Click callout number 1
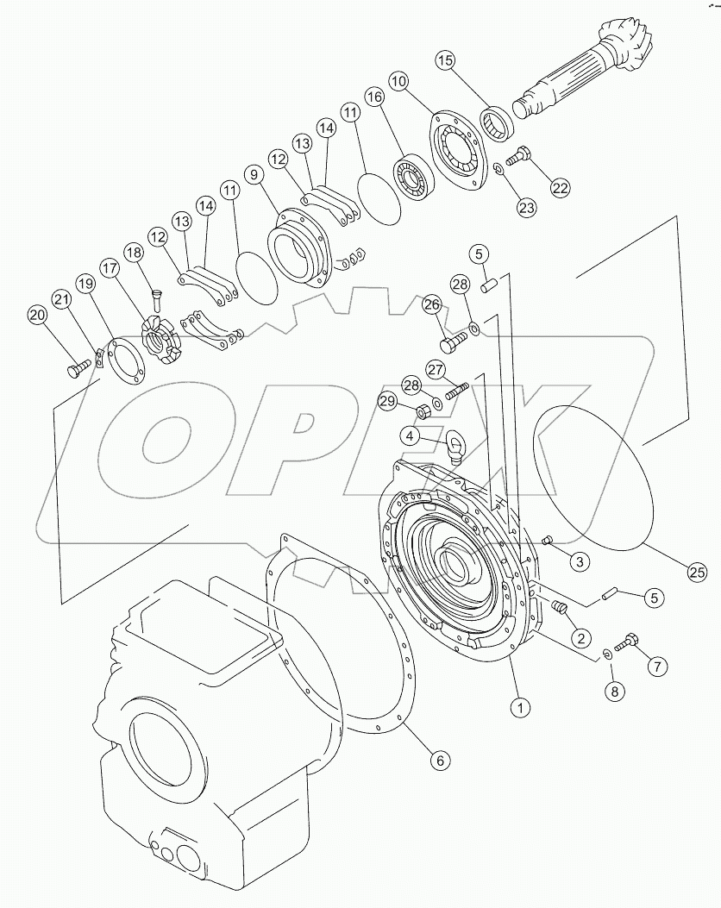pyautogui.click(x=518, y=707)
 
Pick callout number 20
pyautogui.click(x=36, y=316)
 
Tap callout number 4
pyautogui.click(x=411, y=436)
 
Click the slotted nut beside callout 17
pyautogui.click(x=160, y=340)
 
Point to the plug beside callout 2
pyautogui.click(x=560, y=611)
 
